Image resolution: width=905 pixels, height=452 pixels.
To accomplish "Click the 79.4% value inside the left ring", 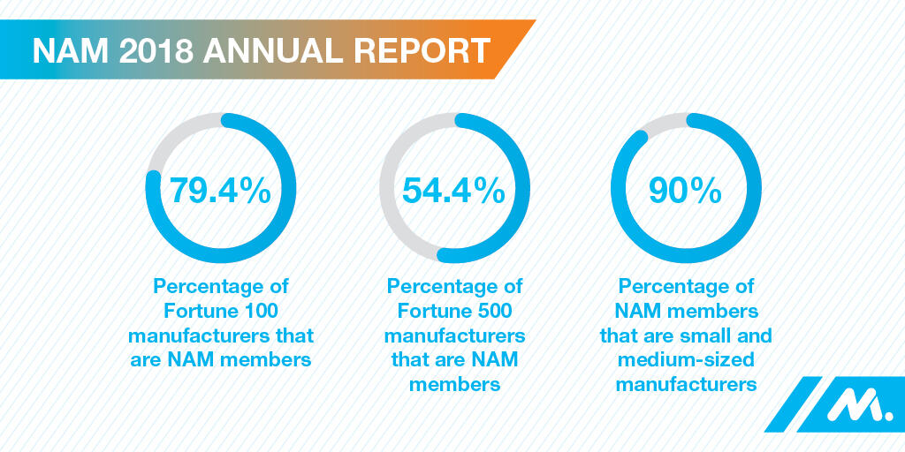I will (x=220, y=190).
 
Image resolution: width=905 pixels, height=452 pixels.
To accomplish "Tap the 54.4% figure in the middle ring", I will (x=454, y=190).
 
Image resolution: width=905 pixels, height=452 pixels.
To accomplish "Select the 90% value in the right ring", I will (x=686, y=190).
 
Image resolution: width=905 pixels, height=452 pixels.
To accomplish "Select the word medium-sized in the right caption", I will (x=686, y=360).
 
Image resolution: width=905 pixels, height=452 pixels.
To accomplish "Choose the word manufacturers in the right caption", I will (x=686, y=384).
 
